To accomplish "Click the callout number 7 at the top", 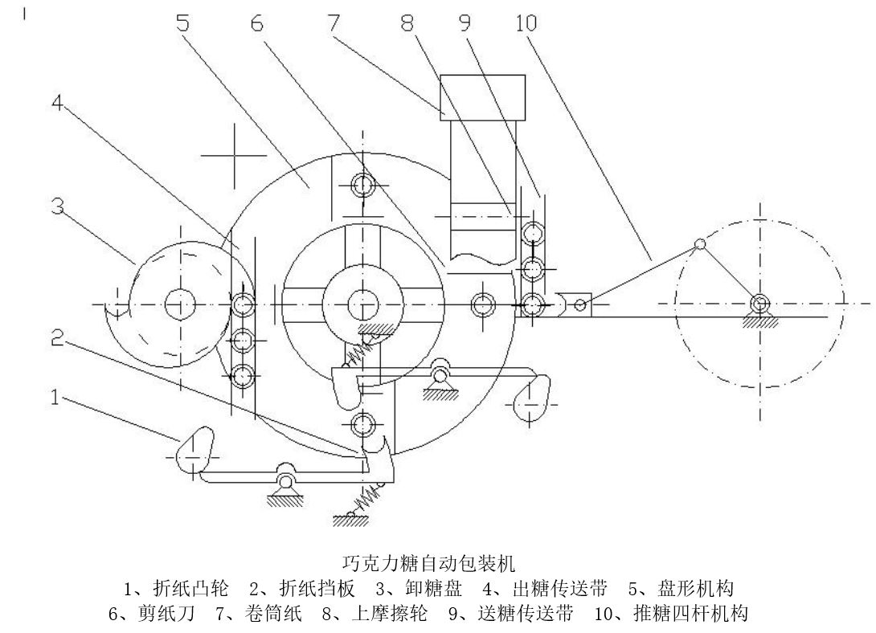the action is tap(334, 22).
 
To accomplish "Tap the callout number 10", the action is tap(526, 22).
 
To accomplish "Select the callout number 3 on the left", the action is tap(58, 206).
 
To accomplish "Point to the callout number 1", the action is tap(55, 397).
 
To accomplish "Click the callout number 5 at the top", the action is tap(182, 22).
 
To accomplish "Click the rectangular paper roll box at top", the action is tap(483, 97).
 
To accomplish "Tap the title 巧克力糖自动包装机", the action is tap(428, 562).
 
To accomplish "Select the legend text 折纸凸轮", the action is tap(190, 588).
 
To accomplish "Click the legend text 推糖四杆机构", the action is tap(690, 614).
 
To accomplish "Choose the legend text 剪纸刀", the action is tap(166, 614).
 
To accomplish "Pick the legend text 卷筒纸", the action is tap(273, 614).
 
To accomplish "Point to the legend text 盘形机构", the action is tap(695, 588).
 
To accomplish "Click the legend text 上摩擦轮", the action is tap(390, 614).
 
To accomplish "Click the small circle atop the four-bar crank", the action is tap(699, 244).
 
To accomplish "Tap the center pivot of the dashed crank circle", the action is tap(759, 304).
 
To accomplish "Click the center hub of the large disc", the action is tap(363, 304).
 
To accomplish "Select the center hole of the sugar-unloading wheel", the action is tap(180, 304).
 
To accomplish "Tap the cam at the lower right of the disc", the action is tap(530, 398).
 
